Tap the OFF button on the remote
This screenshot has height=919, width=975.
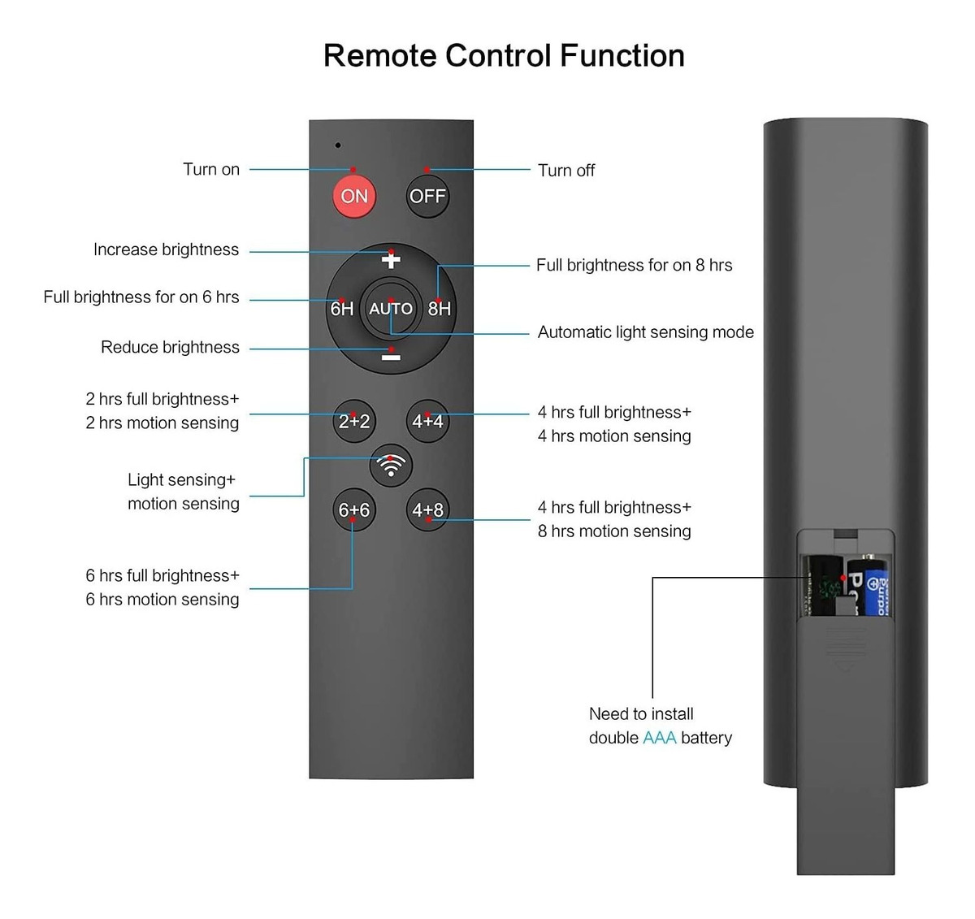coord(427,196)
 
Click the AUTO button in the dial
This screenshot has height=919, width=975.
coord(391,309)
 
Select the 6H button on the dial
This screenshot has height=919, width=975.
coord(342,309)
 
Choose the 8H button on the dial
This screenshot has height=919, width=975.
coord(439,309)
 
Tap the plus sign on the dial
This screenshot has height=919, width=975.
coord(391,260)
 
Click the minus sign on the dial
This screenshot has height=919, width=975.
coord(391,357)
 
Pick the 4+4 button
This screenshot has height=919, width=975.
coord(427,421)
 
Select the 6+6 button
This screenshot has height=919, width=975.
coord(354,509)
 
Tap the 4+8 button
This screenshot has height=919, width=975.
coord(427,509)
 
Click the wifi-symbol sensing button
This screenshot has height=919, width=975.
coord(391,466)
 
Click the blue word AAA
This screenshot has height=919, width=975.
coord(659,738)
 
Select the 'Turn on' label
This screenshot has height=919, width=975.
coord(211,169)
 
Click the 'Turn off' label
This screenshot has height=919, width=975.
coord(566,171)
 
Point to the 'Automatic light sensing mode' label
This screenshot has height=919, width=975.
coord(645,332)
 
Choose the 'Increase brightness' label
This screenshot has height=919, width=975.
coord(166,249)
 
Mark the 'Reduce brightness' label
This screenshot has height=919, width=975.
coord(170,347)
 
